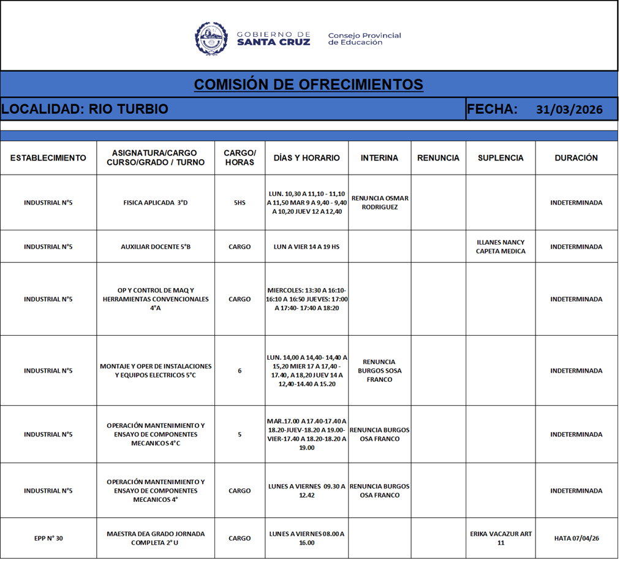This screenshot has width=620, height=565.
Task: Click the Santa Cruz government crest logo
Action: pyautogui.click(x=211, y=38)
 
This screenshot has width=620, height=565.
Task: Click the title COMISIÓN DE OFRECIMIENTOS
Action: pyautogui.click(x=308, y=85)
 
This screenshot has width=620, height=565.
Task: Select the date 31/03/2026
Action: pyautogui.click(x=569, y=110)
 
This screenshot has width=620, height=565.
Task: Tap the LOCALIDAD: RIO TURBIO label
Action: pyautogui.click(x=85, y=110)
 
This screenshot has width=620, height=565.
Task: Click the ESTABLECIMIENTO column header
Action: pyautogui.click(x=48, y=158)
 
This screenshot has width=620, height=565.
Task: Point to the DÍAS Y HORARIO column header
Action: pyautogui.click(x=306, y=158)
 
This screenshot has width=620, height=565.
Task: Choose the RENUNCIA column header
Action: pyautogui.click(x=438, y=158)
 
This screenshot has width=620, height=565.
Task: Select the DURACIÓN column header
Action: pyautogui.click(x=576, y=158)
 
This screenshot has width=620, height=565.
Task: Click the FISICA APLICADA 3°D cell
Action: pyautogui.click(x=156, y=203)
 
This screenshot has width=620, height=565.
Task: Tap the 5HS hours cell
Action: pyautogui.click(x=240, y=203)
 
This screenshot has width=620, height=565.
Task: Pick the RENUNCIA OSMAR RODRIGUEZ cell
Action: pyautogui.click(x=380, y=203)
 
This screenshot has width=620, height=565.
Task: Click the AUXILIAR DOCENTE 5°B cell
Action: pyautogui.click(x=156, y=247)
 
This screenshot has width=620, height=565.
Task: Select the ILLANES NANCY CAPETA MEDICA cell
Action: pyautogui.click(x=501, y=247)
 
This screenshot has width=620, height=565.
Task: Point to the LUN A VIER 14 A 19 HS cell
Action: pyautogui.click(x=306, y=247)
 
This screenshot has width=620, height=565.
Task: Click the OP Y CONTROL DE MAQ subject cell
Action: pyautogui.click(x=156, y=300)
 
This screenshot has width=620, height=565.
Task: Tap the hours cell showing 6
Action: pyautogui.click(x=240, y=371)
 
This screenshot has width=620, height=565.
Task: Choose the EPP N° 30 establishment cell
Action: pyautogui.click(x=48, y=539)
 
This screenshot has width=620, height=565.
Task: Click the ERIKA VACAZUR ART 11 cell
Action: pyautogui.click(x=501, y=539)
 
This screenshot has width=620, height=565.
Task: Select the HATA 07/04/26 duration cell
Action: pyautogui.click(x=576, y=539)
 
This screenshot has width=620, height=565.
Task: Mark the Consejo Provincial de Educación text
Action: pyautogui.click(x=365, y=39)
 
